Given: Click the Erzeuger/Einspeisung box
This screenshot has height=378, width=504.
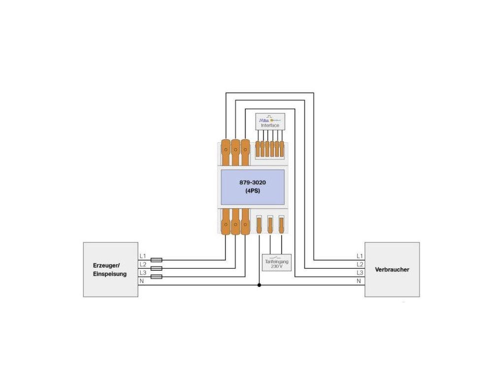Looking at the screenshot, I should tap(110, 270).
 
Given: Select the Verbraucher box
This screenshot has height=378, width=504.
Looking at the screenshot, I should tap(392, 270).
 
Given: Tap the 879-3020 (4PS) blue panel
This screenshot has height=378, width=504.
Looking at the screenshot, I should tap(252, 187).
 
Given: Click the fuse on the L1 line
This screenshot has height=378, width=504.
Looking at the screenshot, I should tap(156, 259).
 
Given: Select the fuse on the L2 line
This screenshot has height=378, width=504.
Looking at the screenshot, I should tap(156, 268).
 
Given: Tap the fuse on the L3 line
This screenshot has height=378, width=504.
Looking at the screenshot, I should tap(156, 277).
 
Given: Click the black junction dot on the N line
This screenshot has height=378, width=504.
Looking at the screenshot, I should tap(259, 285).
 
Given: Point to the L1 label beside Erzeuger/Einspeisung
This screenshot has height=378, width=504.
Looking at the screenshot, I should tap(143, 256).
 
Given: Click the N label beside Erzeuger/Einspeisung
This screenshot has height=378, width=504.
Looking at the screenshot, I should tap(142, 281).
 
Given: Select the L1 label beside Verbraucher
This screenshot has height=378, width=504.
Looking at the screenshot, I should tap(360, 256).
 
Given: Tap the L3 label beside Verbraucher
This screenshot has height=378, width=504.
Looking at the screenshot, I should tap(360, 273).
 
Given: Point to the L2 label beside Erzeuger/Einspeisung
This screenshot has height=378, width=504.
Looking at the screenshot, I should tap(143, 264).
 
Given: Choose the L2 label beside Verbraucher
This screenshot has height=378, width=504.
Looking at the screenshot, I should tap(360, 264).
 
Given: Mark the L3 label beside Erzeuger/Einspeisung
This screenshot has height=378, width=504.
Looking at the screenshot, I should tap(143, 273).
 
